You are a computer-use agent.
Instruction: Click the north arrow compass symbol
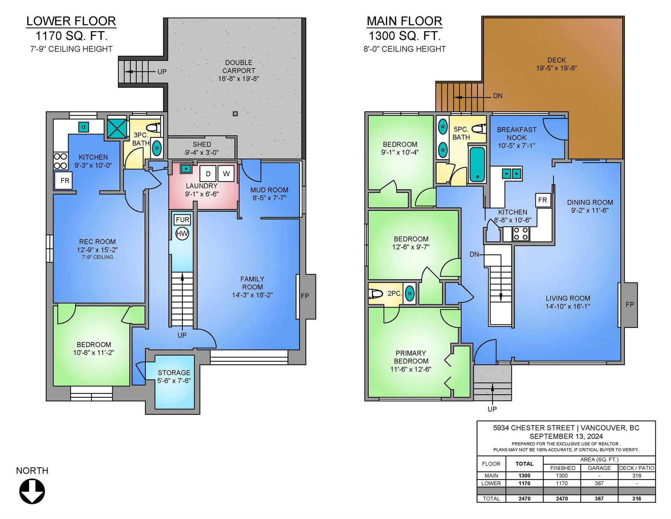[32, 491]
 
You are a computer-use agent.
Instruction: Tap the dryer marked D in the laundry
[208, 174]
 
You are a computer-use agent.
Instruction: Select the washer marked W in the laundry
[226, 173]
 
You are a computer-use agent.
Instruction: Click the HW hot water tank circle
[182, 233]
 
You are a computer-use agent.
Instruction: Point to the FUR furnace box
[182, 220]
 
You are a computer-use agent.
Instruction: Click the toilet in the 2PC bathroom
[376, 294]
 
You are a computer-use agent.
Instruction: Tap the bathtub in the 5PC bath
[477, 164]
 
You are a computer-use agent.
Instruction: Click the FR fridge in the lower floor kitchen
[63, 180]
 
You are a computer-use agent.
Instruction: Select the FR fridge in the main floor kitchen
[543, 200]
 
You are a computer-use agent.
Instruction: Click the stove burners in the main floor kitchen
[521, 234]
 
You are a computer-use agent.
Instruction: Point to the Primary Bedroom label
[411, 357]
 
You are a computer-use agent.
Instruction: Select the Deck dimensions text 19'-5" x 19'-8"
[557, 68]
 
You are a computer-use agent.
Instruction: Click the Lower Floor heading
[71, 21]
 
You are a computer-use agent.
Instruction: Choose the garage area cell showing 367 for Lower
[599, 483]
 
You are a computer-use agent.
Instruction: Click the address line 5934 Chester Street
[534, 428]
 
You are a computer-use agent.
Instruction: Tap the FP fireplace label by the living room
[629, 305]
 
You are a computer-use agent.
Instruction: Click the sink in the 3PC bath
[157, 148]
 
